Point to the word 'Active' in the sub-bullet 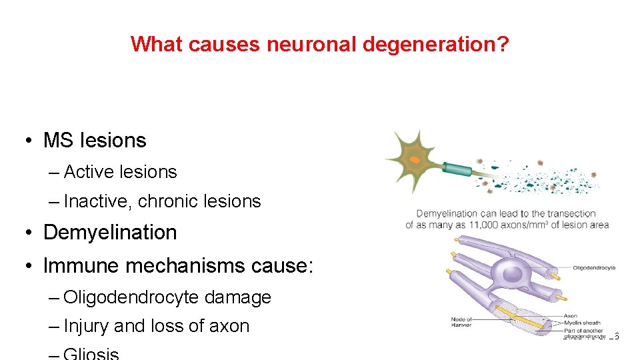(x=88, y=172)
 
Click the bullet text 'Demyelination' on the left (x=110, y=233)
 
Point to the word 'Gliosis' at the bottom (x=91, y=354)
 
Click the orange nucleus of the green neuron (x=415, y=160)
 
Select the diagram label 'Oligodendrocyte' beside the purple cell (x=593, y=268)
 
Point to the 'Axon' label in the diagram (x=570, y=316)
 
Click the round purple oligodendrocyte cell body (x=512, y=273)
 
